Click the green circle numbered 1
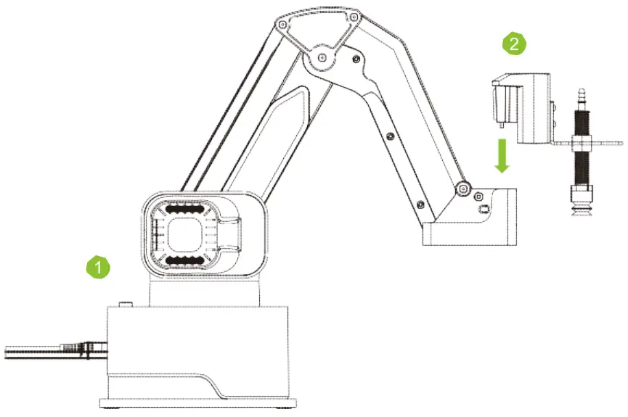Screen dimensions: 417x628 [x=98, y=266]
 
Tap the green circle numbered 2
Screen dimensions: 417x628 [x=514, y=43]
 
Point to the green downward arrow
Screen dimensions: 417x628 [x=502, y=157]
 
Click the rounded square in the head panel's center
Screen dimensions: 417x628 [x=187, y=235]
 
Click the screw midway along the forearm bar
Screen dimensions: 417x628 [x=391, y=135]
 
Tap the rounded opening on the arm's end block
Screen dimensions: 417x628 [x=484, y=209]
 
